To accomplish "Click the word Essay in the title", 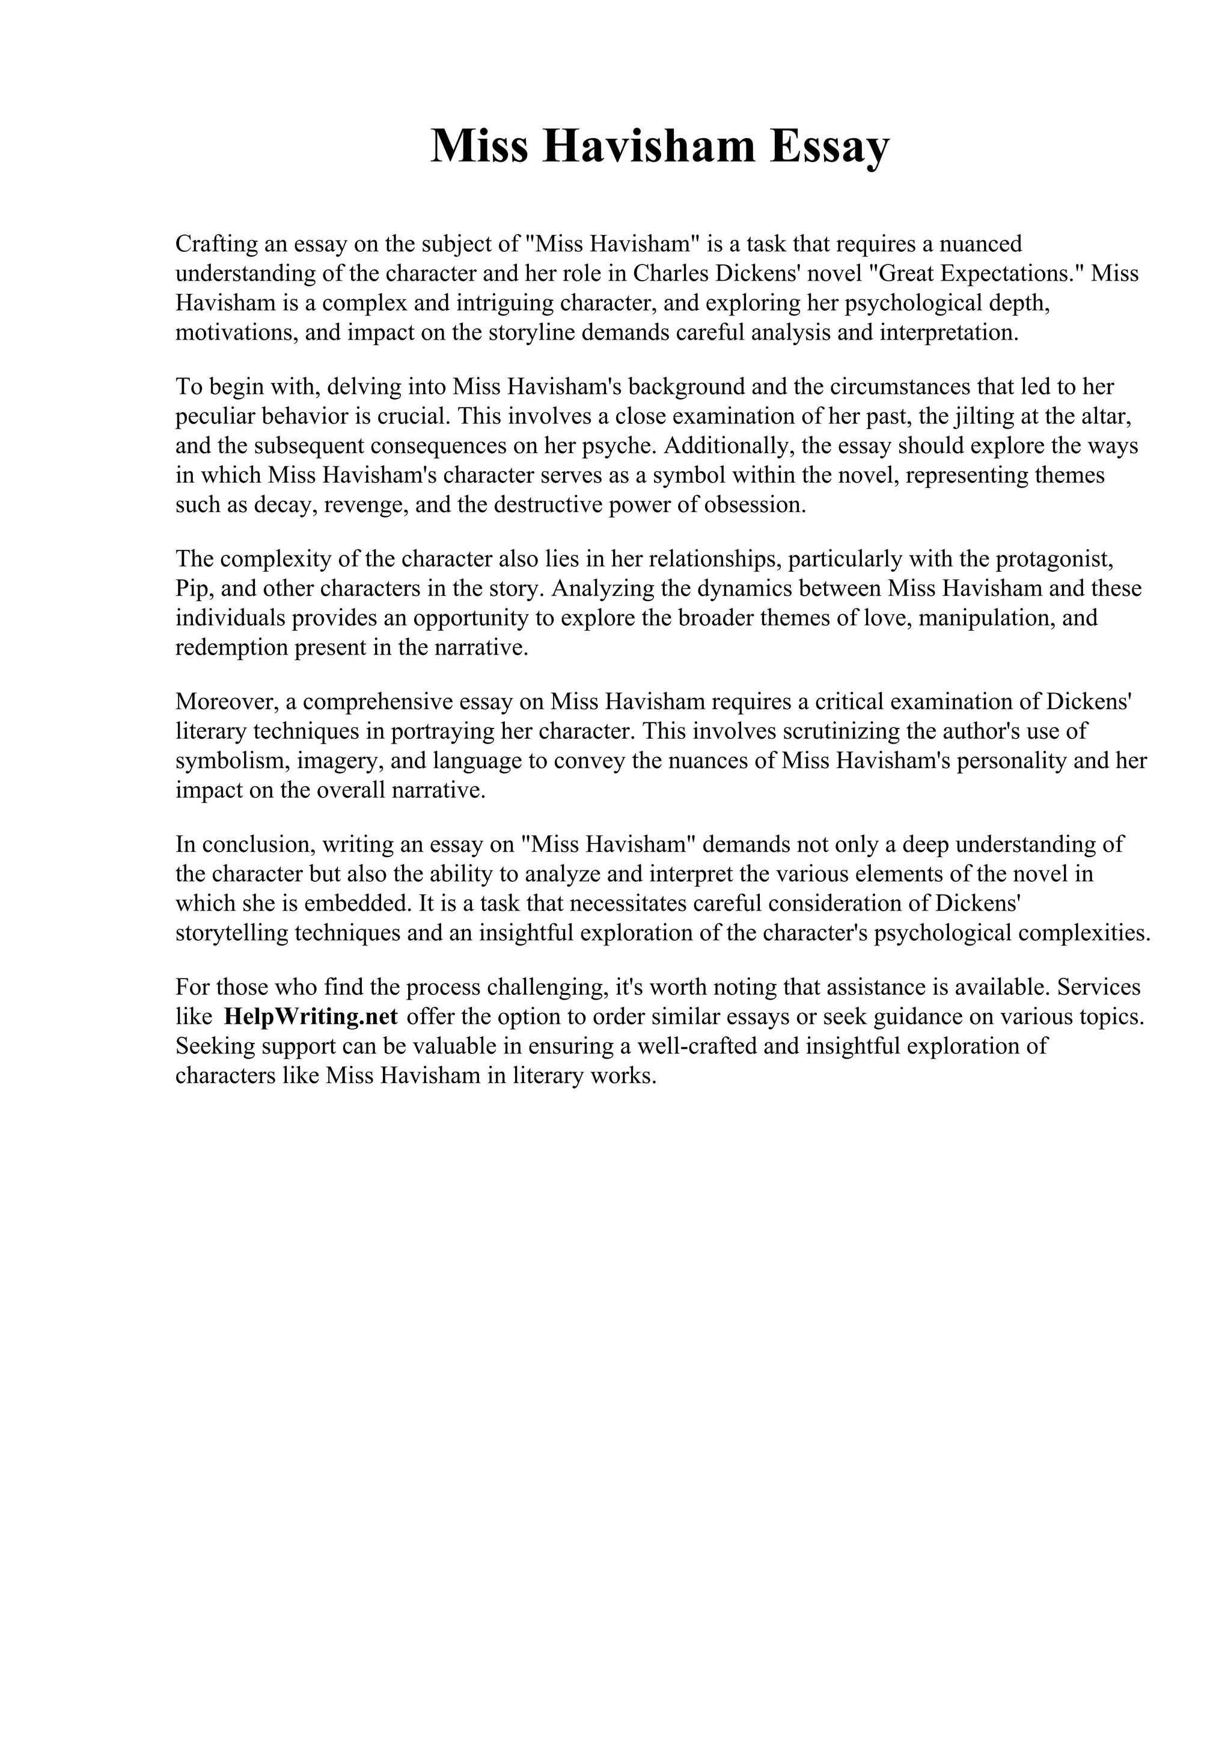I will pos(829,147).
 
